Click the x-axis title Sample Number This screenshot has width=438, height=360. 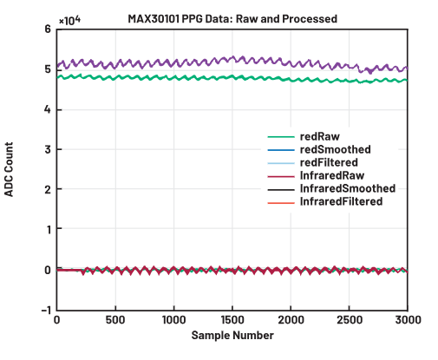pos(232,335)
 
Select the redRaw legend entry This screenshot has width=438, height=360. pos(318,136)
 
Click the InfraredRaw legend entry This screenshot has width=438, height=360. pos(329,175)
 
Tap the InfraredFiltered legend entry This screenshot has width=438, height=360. pos(341,201)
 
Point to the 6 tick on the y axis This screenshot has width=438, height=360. pos(48,29)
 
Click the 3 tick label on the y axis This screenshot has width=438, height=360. pos(48,150)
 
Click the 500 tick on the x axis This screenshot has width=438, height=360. pos(115,319)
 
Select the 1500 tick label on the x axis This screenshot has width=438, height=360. pos(232,319)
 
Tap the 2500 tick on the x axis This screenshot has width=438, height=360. pos(349,319)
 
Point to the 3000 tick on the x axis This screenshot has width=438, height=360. pos(407,319)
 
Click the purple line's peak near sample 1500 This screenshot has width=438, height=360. pos(232,57)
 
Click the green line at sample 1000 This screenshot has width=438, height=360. pos(173,77)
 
